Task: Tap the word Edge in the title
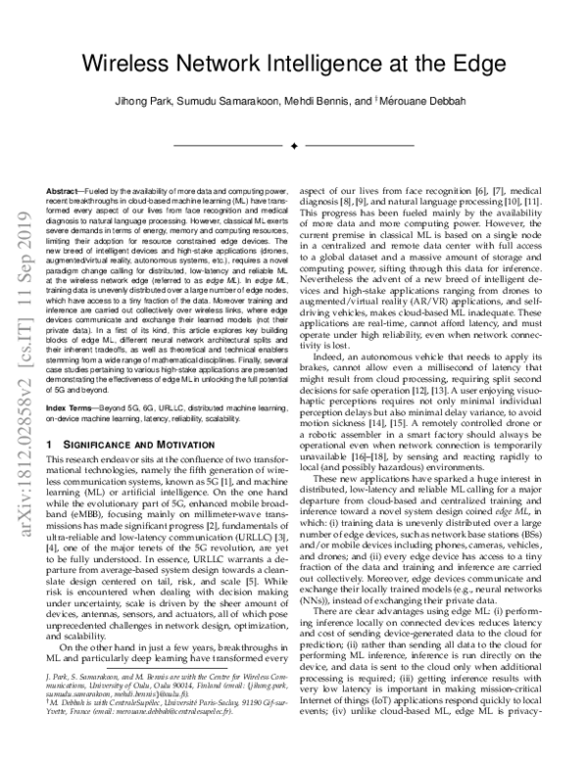point(485,64)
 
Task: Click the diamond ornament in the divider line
point(294,146)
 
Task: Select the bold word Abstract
point(67,187)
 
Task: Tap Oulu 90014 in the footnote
point(208,713)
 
